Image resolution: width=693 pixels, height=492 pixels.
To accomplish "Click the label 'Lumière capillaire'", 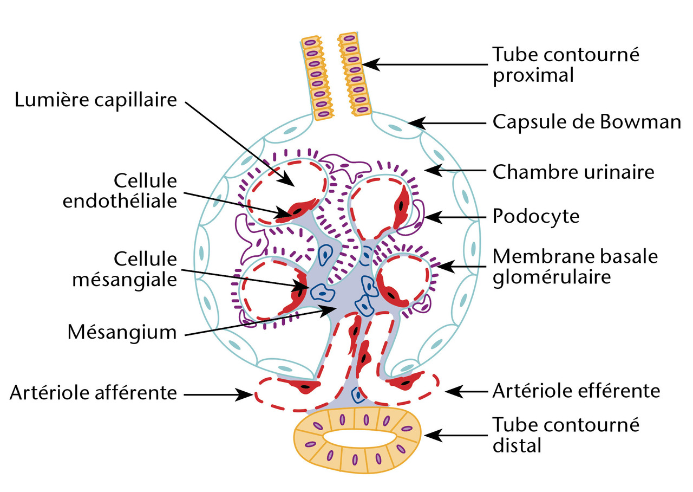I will click(x=96, y=101).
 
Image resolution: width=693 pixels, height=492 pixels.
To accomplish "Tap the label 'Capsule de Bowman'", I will click(x=586, y=122).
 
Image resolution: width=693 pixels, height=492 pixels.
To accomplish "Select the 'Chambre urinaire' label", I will click(x=573, y=172).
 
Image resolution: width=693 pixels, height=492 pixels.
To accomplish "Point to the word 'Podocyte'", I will click(x=536, y=217).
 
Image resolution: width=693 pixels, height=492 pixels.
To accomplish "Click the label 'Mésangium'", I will click(x=122, y=332).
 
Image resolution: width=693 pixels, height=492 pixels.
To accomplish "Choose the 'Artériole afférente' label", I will click(x=93, y=393).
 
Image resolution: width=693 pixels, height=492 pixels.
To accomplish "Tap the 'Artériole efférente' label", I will click(x=576, y=391).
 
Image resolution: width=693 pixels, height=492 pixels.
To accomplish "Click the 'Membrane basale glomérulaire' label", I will click(x=575, y=266).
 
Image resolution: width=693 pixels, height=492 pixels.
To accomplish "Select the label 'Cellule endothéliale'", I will click(x=120, y=191).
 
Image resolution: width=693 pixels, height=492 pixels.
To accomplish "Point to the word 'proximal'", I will click(x=533, y=75).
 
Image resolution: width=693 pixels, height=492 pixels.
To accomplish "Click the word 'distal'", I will click(x=517, y=445).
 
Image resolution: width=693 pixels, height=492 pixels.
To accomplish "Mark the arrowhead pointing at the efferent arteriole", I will click(x=449, y=391).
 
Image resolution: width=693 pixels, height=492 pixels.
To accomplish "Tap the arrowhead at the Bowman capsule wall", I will click(x=413, y=123).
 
